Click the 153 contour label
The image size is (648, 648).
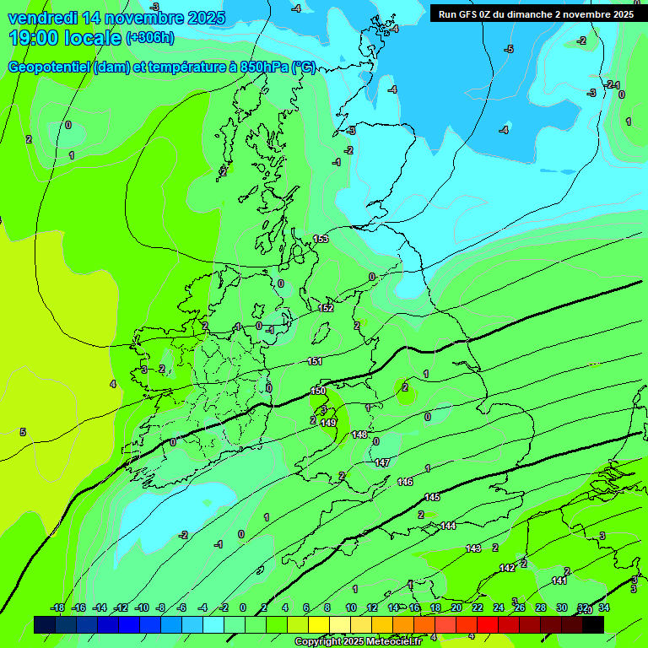[x=321, y=239]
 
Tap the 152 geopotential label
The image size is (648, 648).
[x=327, y=308]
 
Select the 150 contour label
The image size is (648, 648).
[x=318, y=391]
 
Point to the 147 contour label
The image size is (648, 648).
[x=382, y=462]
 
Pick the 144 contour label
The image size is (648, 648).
[x=448, y=526]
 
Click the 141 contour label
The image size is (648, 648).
[x=559, y=580]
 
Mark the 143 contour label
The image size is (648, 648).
[x=473, y=548]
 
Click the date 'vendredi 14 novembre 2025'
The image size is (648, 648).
[x=116, y=18]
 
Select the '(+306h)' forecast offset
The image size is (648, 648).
[x=150, y=38]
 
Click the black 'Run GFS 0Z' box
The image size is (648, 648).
[x=534, y=13]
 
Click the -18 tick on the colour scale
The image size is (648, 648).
[x=57, y=607]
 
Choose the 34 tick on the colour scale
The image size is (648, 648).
[x=604, y=607]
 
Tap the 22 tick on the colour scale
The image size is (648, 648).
[x=478, y=607]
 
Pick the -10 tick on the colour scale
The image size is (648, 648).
[x=142, y=607]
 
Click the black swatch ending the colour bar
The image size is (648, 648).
[x=592, y=624]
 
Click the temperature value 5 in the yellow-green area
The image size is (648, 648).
[x=23, y=432]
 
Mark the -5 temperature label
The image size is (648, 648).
[x=509, y=50]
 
